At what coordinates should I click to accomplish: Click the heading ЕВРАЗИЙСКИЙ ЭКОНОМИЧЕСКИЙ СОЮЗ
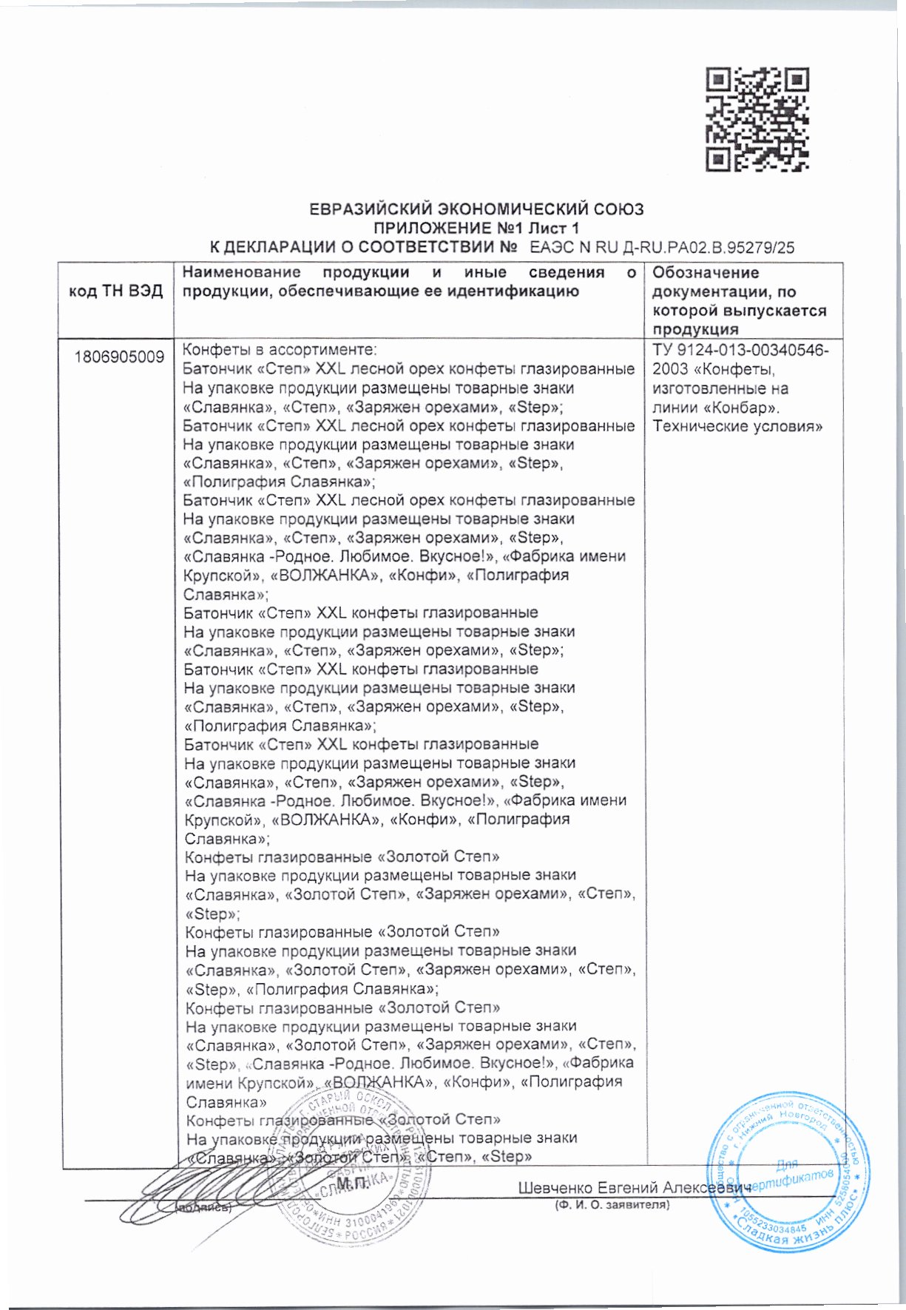click(x=476, y=209)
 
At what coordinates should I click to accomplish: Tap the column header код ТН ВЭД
click(x=115, y=291)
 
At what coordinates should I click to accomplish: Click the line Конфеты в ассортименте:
click(x=280, y=350)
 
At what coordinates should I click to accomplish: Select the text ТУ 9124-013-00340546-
click(x=741, y=350)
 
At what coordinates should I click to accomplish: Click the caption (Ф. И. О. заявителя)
click(x=612, y=1206)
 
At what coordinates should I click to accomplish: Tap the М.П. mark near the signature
click(x=352, y=1184)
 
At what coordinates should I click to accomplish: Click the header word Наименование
click(x=241, y=273)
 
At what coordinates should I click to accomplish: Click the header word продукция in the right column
click(x=695, y=330)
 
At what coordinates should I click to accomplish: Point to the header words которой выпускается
click(x=740, y=311)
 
